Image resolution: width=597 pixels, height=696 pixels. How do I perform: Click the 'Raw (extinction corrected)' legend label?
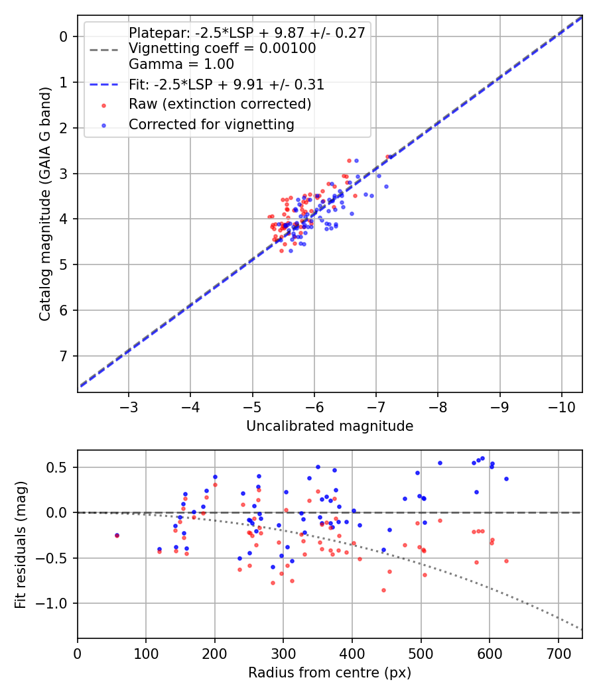pyautogui.click(x=220, y=104)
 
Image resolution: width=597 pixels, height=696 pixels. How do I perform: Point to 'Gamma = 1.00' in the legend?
pyautogui.click(x=181, y=64)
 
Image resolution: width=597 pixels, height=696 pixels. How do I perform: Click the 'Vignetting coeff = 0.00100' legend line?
pyautogui.click(x=222, y=48)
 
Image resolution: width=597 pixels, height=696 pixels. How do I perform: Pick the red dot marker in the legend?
pyautogui.click(x=103, y=105)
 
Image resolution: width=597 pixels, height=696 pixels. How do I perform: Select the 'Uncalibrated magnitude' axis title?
pyautogui.click(x=330, y=426)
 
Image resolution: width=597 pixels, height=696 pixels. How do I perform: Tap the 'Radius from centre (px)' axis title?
pyautogui.click(x=330, y=673)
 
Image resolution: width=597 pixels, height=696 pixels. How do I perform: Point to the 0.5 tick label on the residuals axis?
pyautogui.click(x=60, y=467)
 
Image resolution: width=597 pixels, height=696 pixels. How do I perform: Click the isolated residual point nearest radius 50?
pyautogui.click(x=117, y=535)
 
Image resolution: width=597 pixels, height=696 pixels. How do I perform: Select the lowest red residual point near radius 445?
pyautogui.click(x=383, y=590)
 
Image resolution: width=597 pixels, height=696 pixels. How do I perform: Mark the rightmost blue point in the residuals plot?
pyautogui.click(x=506, y=479)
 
